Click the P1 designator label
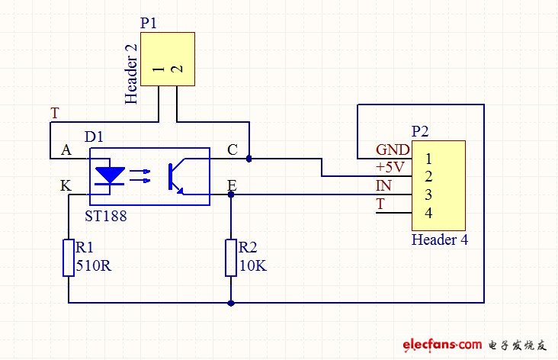point(149,22)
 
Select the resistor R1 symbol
point(69,256)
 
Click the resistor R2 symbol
point(231,257)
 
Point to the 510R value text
point(92,267)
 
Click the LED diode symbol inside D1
point(112,175)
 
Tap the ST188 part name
point(107,216)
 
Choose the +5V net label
point(390,166)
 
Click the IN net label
point(383,185)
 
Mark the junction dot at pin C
point(249,159)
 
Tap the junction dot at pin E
point(231,194)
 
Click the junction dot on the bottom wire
point(231,303)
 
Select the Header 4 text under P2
point(439,239)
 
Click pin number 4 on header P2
point(429,212)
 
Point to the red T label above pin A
point(54,113)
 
